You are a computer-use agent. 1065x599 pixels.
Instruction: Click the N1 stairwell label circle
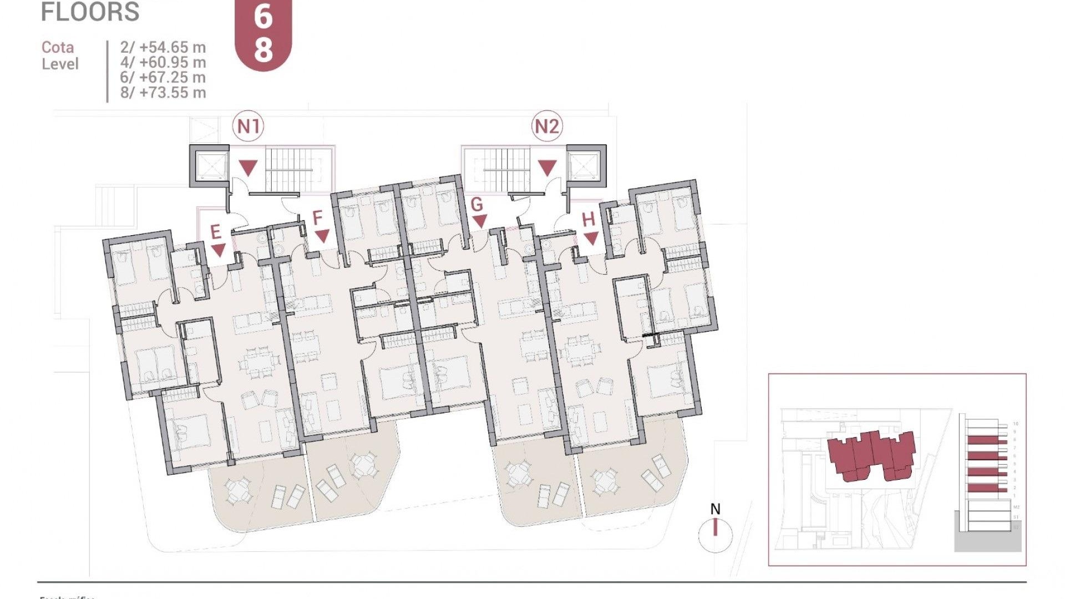coord(248,126)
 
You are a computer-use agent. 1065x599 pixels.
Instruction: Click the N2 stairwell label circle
coord(547,126)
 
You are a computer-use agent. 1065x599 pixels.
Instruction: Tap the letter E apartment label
coord(216,232)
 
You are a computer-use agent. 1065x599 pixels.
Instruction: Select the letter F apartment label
coord(317,218)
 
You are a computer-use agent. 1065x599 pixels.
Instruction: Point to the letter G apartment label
coord(476,205)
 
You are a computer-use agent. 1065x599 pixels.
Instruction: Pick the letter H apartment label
coord(589,220)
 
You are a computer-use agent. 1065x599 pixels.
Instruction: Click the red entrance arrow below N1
coord(248,167)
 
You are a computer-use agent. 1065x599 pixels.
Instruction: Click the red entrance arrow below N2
coord(547,167)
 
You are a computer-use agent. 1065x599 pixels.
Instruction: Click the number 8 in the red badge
coord(263,48)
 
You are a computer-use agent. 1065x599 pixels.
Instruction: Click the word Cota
coord(58,47)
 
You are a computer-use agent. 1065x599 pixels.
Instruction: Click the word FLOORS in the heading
coord(90,12)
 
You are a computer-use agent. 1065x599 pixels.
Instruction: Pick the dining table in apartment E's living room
coord(259,362)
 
